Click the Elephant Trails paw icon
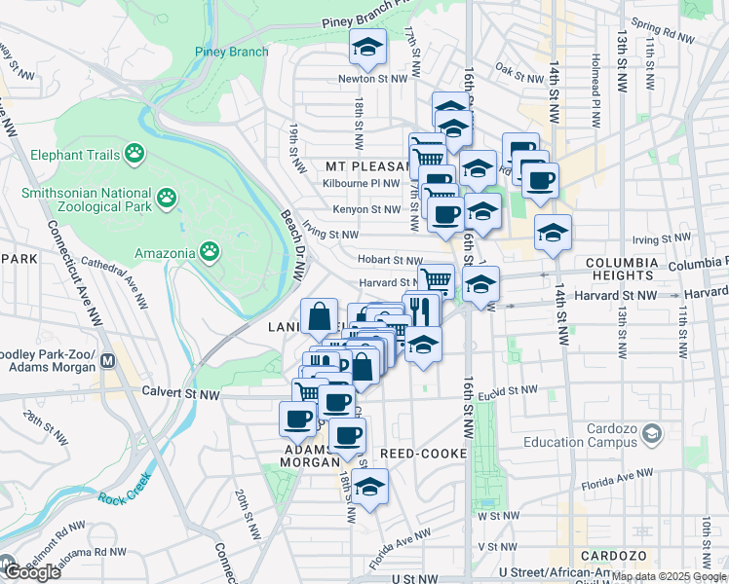click(x=134, y=154)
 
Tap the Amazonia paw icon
click(x=210, y=252)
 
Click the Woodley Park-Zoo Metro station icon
click(x=109, y=362)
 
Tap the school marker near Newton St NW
click(x=367, y=47)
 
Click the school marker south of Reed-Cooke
click(x=369, y=488)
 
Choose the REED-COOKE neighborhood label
click(x=424, y=455)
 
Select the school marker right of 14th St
click(x=553, y=234)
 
